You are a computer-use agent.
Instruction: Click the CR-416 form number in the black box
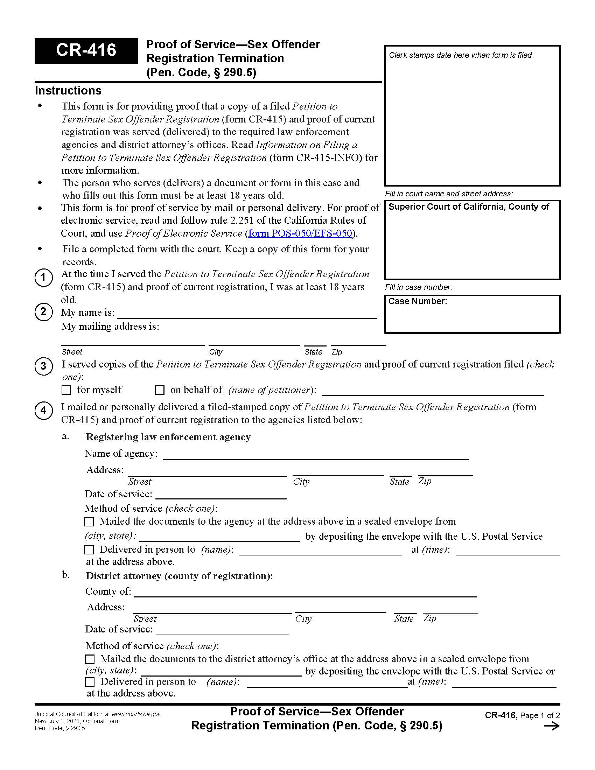pyautogui.click(x=86, y=50)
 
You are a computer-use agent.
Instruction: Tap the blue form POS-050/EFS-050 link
pyautogui.click(x=300, y=233)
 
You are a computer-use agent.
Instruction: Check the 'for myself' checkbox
pyautogui.click(x=66, y=390)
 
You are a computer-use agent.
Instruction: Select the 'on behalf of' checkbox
pyautogui.click(x=160, y=390)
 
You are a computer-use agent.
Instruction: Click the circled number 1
pyautogui.click(x=43, y=278)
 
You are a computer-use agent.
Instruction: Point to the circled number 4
pyautogui.click(x=43, y=411)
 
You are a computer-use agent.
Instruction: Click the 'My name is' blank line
pyautogui.click(x=247, y=315)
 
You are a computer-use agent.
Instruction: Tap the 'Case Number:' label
pyautogui.click(x=417, y=301)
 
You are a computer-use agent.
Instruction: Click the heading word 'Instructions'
pyautogui.click(x=68, y=91)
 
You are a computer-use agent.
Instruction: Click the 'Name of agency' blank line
pyautogui.click(x=315, y=455)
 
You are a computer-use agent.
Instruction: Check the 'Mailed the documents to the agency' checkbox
pyautogui.click(x=90, y=521)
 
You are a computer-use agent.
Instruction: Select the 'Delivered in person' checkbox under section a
pyautogui.click(x=90, y=549)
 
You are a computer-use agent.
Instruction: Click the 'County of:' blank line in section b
pyautogui.click(x=305, y=593)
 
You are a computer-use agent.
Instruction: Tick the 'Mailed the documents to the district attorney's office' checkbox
pyautogui.click(x=90, y=659)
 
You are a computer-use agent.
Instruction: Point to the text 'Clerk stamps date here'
pyautogui.click(x=461, y=55)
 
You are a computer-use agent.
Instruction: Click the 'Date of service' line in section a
pyautogui.click(x=220, y=495)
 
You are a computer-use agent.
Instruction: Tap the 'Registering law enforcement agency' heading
pyautogui.click(x=168, y=437)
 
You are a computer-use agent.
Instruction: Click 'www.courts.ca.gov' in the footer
pyautogui.click(x=136, y=714)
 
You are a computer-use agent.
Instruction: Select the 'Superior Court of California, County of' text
pyautogui.click(x=468, y=207)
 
